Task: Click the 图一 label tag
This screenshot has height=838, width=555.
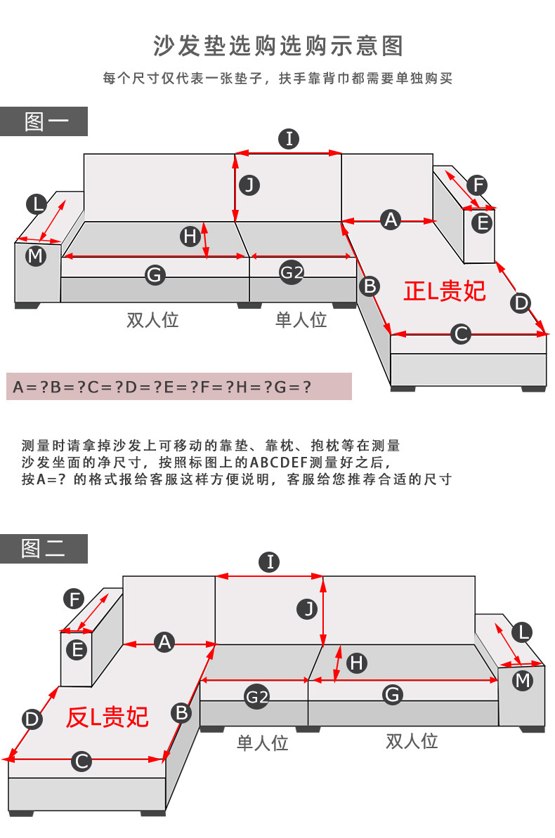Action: click(44, 121)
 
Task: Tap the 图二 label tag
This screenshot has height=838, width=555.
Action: click(44, 549)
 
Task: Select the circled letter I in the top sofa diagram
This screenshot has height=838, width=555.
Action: click(289, 139)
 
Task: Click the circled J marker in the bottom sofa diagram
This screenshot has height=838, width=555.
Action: click(308, 608)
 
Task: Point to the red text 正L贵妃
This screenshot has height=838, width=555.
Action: click(445, 291)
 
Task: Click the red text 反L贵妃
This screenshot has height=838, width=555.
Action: click(107, 717)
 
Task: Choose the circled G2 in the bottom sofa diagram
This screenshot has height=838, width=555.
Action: click(256, 697)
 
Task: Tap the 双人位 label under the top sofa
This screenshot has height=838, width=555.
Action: click(153, 320)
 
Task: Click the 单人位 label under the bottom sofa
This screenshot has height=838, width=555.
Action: click(263, 743)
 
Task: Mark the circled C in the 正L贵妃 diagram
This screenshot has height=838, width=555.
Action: click(460, 334)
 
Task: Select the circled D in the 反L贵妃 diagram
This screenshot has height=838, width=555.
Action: click(32, 719)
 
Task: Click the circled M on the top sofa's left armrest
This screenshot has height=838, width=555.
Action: click(35, 256)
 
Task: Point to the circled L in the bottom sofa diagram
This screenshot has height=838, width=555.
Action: click(521, 632)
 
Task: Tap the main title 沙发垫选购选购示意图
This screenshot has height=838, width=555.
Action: click(278, 46)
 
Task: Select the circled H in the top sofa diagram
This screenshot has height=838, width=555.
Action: click(190, 237)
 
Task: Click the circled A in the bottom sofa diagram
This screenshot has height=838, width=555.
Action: click(164, 641)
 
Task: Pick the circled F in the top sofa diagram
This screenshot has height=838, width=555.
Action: click(477, 185)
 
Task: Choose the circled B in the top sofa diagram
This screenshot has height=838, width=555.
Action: click(370, 286)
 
